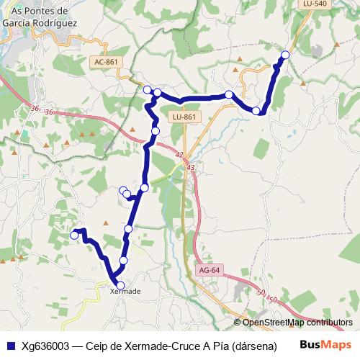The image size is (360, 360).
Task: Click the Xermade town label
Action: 125,292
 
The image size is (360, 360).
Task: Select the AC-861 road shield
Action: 106,62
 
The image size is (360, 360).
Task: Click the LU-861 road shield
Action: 184,117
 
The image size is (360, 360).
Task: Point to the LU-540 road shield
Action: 315,4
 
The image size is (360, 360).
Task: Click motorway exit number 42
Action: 179,155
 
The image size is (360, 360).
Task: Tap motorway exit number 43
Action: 191,167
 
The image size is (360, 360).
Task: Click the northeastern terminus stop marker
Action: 285,55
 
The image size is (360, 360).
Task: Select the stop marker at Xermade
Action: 120,285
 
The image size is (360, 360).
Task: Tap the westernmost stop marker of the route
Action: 73,235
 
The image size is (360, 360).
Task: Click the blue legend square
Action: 10,345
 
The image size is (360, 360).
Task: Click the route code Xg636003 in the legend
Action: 45,345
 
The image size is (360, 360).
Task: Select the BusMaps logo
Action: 325,344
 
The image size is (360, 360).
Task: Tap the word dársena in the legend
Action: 253,345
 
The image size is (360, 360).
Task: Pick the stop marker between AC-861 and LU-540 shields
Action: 229,94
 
